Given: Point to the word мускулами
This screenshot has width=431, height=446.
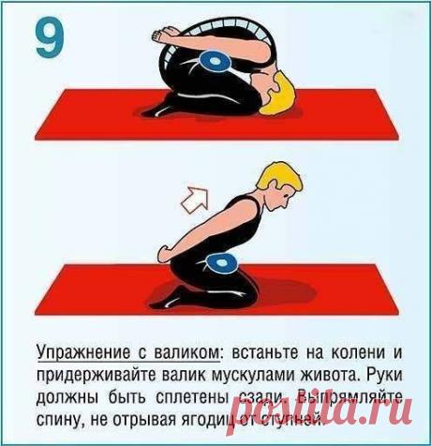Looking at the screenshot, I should tap(263, 375).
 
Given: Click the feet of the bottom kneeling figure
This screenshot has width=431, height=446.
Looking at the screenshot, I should tap(169, 300).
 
